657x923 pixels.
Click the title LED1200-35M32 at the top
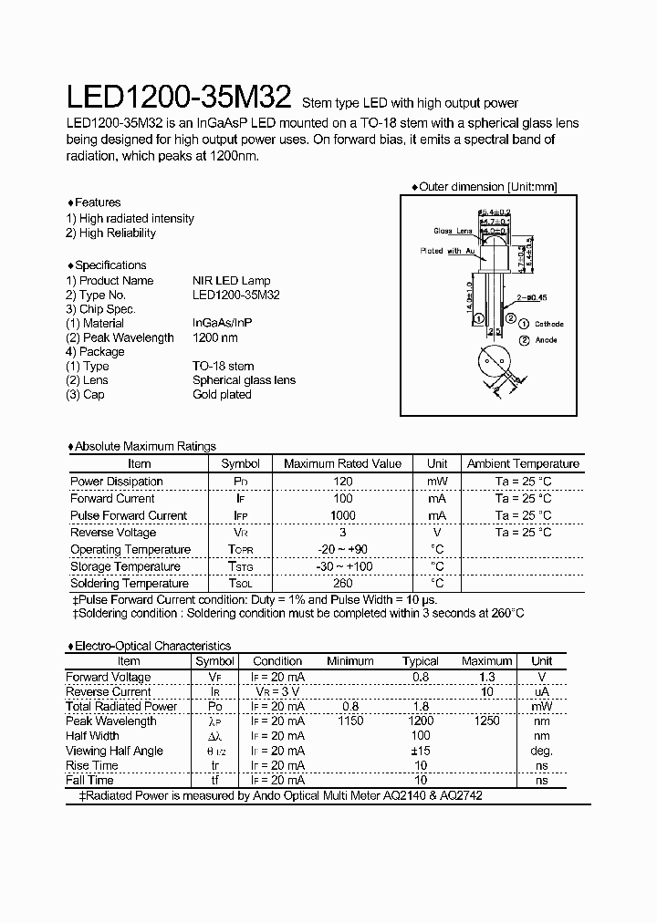[179, 98]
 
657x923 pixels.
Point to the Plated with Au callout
[447, 251]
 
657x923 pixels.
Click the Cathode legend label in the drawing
[548, 324]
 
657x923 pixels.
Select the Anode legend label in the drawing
[546, 340]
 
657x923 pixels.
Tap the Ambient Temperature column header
[523, 464]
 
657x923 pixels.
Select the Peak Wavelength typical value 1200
[420, 721]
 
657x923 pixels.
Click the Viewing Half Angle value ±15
[420, 751]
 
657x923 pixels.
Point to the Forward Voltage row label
[109, 678]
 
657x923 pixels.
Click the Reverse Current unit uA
[542, 692]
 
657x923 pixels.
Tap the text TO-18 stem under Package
[223, 366]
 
